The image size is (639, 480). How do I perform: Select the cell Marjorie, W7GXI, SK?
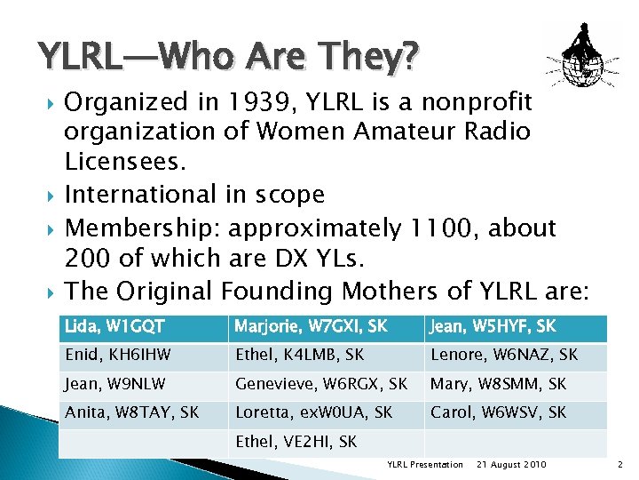tap(311, 327)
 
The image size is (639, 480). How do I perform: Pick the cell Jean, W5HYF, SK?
tap(493, 327)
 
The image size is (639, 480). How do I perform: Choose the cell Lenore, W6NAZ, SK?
tap(503, 356)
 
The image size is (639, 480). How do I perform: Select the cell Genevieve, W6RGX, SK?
tap(321, 386)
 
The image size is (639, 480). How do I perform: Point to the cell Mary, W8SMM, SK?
tap(498, 386)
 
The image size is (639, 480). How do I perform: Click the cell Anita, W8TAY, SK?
tap(131, 413)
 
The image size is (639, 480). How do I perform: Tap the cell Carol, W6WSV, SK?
tap(498, 413)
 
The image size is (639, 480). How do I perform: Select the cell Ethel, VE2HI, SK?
tap(296, 442)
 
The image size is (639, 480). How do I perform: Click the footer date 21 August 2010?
tap(511, 465)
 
